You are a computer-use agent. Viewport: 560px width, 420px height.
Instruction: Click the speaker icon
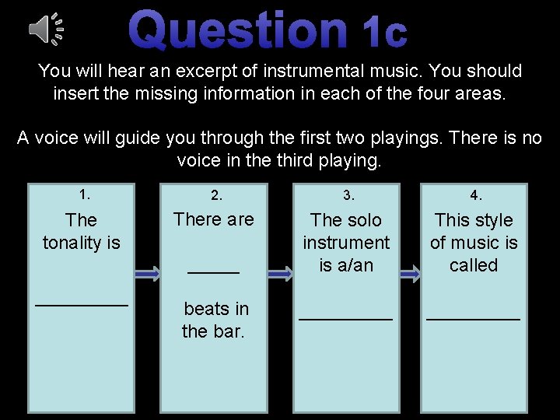click(x=45, y=29)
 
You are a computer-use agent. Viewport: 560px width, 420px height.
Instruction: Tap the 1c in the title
click(x=384, y=32)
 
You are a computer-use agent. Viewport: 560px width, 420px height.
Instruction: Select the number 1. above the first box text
click(x=82, y=193)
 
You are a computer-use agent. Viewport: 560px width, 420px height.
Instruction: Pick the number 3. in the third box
click(x=346, y=194)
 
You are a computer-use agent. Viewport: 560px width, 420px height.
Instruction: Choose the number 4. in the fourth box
click(x=474, y=194)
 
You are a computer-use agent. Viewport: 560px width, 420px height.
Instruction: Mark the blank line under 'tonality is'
click(x=82, y=305)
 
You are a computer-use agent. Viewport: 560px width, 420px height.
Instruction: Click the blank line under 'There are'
click(x=214, y=272)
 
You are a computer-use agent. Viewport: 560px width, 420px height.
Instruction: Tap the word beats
click(x=205, y=309)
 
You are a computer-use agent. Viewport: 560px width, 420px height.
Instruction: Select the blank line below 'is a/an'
click(x=346, y=318)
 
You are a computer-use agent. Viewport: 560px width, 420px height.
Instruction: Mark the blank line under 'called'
click(x=474, y=318)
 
